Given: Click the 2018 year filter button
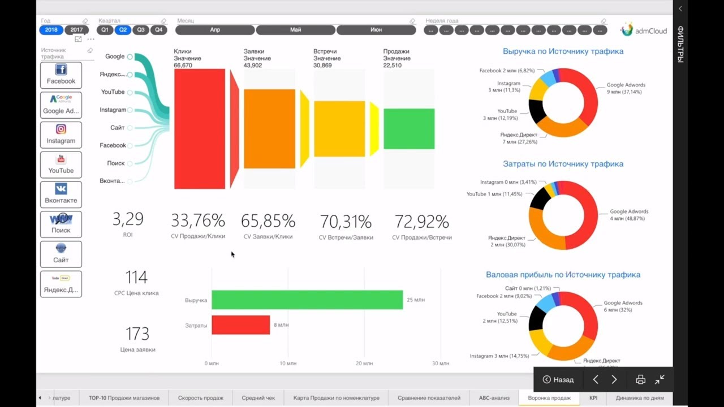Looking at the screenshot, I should tap(51, 30).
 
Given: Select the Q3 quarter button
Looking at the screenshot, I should tap(141, 30).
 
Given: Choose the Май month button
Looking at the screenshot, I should tap(295, 30).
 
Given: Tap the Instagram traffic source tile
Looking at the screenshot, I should tap(61, 135).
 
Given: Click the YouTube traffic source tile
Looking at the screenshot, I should tap(61, 165).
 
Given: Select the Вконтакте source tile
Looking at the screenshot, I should tap(61, 194).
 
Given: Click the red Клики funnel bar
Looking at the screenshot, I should tap(200, 129).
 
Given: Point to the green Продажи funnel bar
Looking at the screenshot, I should tap(409, 129).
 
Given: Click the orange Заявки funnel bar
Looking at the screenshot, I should tap(269, 129).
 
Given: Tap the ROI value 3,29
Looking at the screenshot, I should tap(128, 219).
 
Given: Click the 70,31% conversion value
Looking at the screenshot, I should tap(346, 222).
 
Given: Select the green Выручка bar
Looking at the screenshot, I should tap(307, 300).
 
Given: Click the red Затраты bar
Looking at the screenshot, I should tap(240, 325).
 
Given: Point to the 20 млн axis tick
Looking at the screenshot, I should tap(365, 363).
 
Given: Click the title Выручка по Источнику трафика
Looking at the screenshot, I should tap(563, 51).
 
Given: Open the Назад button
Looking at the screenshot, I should tap(558, 380).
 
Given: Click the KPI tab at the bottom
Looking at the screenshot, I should tap(593, 398).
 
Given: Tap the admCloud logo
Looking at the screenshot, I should tap(644, 30).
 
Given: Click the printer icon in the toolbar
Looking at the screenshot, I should tap(640, 380).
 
